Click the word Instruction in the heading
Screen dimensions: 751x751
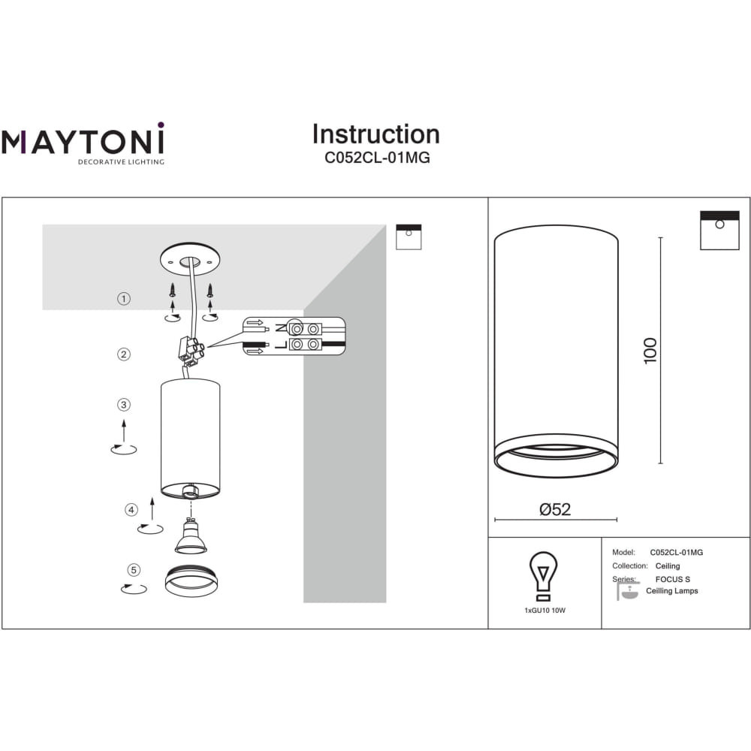(x=376, y=134)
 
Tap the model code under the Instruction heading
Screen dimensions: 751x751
(x=377, y=158)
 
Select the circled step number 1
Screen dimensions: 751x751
(x=124, y=299)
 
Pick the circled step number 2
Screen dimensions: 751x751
(x=124, y=354)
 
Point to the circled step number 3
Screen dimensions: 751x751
(x=124, y=405)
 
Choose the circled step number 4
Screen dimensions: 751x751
(x=131, y=510)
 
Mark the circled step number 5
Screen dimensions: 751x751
(x=134, y=570)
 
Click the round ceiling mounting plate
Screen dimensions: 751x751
(x=190, y=259)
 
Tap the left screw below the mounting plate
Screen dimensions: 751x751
(x=173, y=290)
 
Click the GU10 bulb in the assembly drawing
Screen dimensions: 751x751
(x=191, y=536)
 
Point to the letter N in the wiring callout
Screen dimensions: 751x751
(x=280, y=329)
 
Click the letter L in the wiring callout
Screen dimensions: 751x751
(x=281, y=345)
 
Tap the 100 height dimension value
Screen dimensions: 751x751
(x=650, y=351)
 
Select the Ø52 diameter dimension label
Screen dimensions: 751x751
(x=555, y=509)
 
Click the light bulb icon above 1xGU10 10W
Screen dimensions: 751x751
(x=543, y=576)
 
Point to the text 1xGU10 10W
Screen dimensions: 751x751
(x=545, y=610)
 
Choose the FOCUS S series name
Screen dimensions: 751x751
(x=672, y=579)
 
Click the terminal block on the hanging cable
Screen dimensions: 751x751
(x=191, y=349)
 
